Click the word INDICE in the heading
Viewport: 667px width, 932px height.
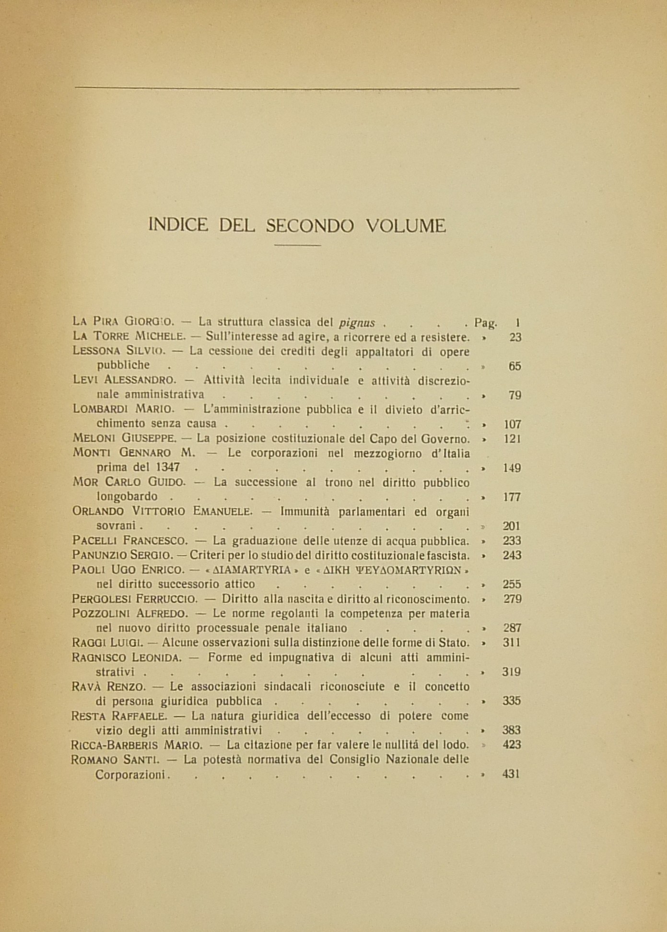click(x=178, y=225)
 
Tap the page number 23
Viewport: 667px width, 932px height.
click(x=515, y=337)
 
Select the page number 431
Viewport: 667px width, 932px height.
click(x=511, y=774)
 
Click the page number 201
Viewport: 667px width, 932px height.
click(x=512, y=526)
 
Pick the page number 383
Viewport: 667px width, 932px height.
click(x=511, y=730)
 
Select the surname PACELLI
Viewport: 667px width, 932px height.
click(x=94, y=540)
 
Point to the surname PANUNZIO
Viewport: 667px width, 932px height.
click(x=98, y=555)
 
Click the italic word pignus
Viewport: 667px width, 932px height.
click(x=357, y=323)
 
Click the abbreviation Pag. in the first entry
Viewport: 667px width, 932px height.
click(x=485, y=323)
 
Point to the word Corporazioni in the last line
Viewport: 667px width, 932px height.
click(x=130, y=775)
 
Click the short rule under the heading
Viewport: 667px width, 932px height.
click(x=297, y=245)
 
